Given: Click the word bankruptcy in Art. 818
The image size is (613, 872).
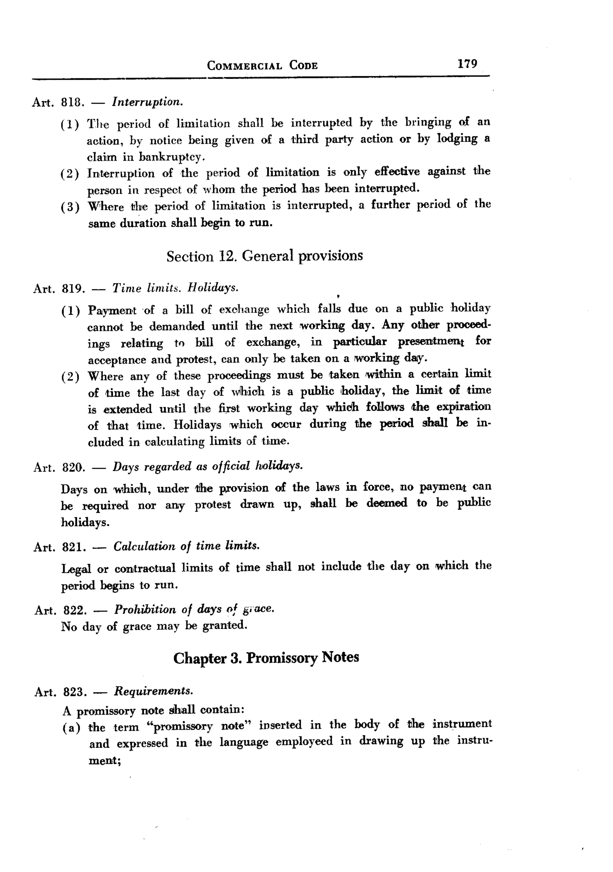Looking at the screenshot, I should coord(172,156).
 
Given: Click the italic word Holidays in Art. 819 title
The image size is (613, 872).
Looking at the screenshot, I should coord(213,288).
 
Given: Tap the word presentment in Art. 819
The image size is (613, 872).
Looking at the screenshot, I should coord(431,342).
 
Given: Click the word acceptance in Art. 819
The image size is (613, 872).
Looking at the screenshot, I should coord(116,359).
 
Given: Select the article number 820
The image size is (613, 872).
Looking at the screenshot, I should coord(73,467).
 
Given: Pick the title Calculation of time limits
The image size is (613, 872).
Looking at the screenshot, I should coord(186,546).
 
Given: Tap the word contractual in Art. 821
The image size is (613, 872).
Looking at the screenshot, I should coord(145,568).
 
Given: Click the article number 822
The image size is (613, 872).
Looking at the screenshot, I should coord(75,610).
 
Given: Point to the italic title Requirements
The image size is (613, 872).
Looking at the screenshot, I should coord(154,691).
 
